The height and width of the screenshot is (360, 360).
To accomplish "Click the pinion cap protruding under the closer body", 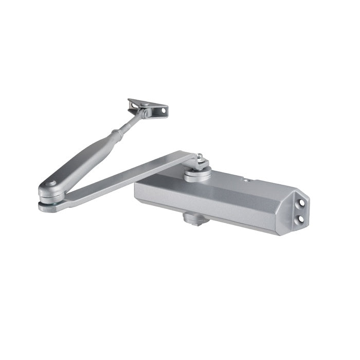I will [196, 219].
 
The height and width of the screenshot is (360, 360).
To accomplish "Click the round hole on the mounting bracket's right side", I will [165, 110].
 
